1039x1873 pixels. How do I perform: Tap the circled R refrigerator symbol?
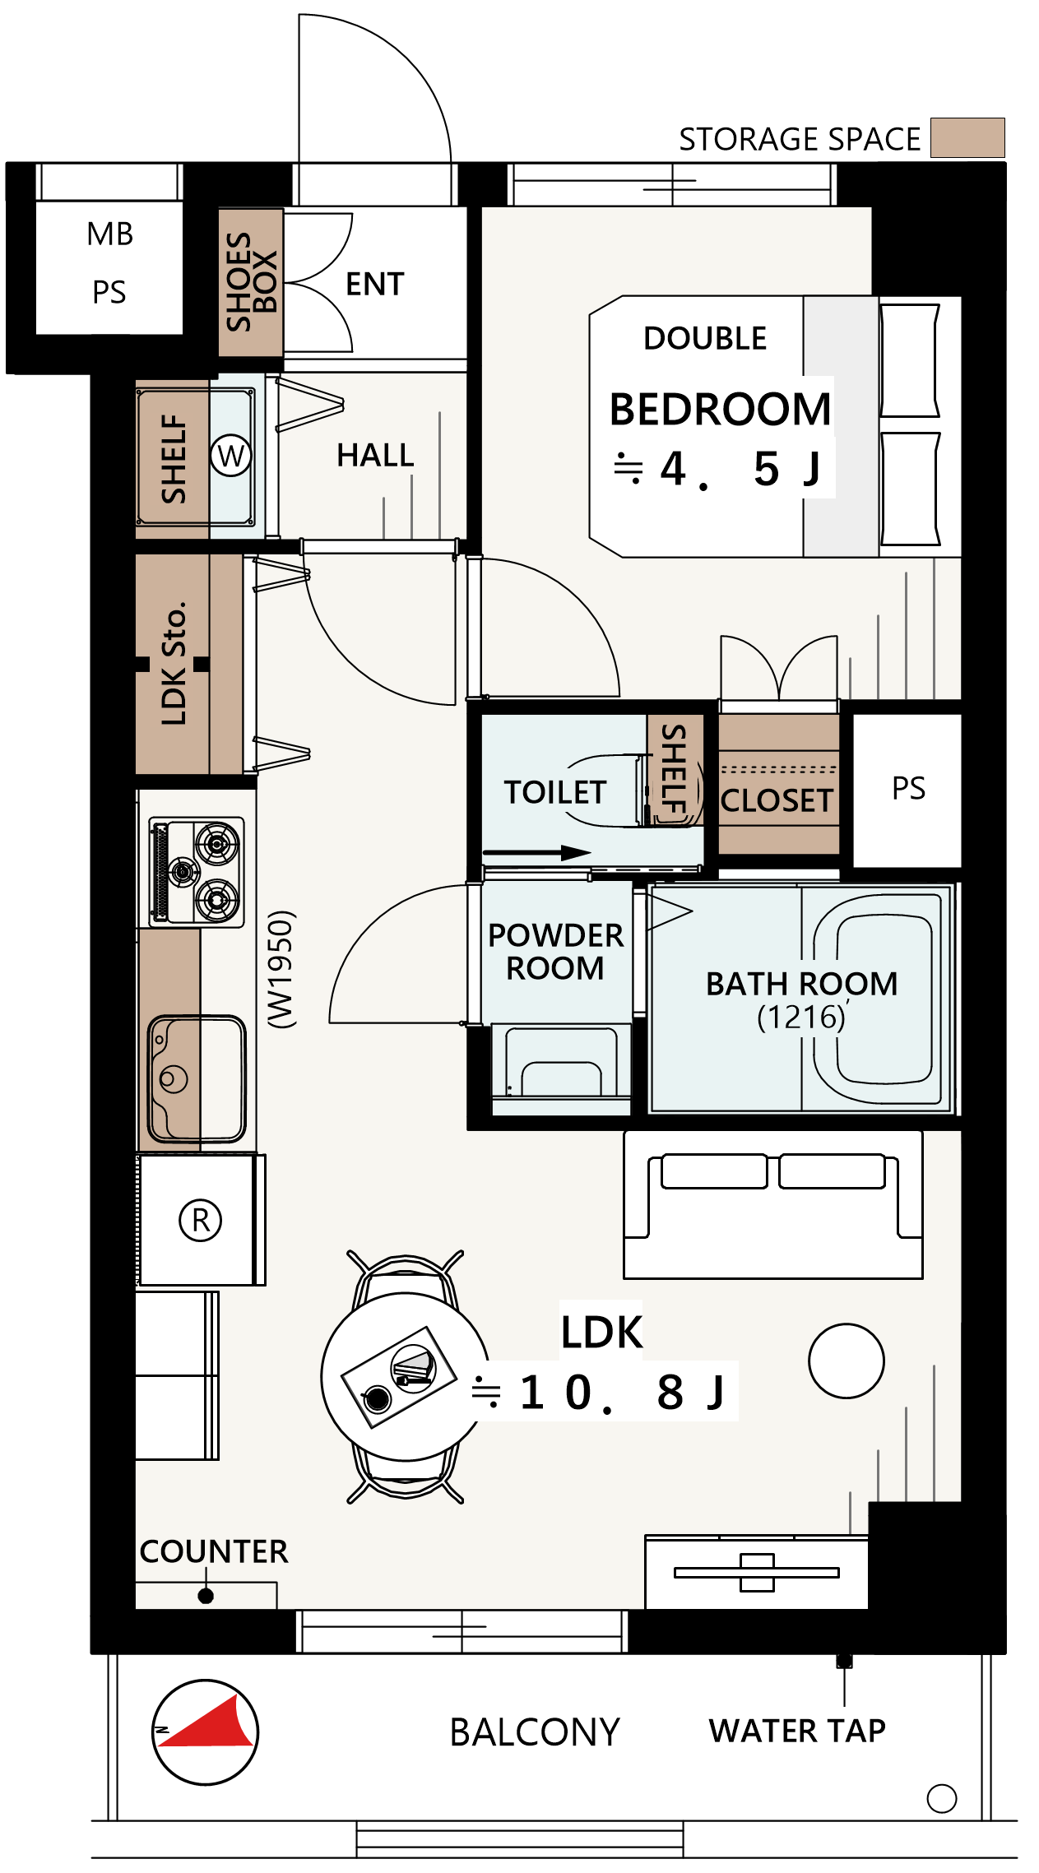click(201, 1220)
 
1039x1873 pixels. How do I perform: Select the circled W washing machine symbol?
click(231, 455)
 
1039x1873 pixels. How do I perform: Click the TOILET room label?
click(555, 792)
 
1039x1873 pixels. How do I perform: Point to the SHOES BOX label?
click(252, 281)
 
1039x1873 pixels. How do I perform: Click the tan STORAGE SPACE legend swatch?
click(967, 137)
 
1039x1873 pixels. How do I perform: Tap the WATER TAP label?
click(797, 1731)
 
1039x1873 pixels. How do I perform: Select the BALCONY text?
click(535, 1732)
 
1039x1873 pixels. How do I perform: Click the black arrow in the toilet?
click(536, 853)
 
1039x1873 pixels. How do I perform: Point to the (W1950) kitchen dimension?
click(281, 969)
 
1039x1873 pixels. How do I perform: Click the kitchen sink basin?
click(197, 1078)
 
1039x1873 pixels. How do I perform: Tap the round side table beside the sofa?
click(847, 1361)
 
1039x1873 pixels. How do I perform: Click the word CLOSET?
click(777, 800)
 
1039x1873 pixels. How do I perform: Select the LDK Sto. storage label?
click(174, 663)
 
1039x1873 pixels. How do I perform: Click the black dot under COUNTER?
click(206, 1596)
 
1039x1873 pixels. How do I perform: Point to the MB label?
click(109, 234)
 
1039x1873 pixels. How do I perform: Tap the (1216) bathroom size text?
click(801, 1018)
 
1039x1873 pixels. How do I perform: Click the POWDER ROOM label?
click(555, 952)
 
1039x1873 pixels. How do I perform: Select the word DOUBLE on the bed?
click(705, 338)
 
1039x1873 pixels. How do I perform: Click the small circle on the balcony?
click(942, 1798)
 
